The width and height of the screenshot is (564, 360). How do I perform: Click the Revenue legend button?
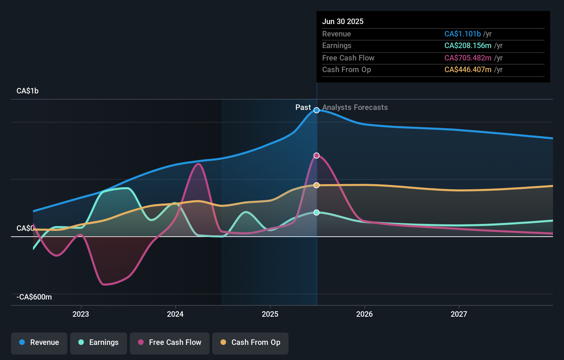click(39, 343)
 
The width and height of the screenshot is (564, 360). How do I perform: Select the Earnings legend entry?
click(99, 343)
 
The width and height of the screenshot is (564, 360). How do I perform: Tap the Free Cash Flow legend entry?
click(170, 343)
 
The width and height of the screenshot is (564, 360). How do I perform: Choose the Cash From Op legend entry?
click(250, 343)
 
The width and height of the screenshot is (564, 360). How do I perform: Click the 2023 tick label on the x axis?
click(81, 314)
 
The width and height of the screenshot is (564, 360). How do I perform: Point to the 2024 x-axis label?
click(175, 314)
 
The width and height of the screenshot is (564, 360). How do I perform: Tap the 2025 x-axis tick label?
click(270, 314)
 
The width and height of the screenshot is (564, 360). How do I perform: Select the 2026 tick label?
click(364, 314)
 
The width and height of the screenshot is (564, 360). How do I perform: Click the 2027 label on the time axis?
click(459, 314)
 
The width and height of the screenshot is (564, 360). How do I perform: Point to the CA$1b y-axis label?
click(27, 91)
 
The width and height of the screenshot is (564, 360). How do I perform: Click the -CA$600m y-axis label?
click(34, 297)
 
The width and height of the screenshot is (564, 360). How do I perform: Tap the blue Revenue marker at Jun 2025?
click(317, 110)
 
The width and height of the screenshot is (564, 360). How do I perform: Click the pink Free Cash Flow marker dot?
click(317, 156)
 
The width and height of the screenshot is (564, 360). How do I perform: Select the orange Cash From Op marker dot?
click(317, 185)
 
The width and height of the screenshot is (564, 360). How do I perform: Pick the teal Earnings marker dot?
click(317, 213)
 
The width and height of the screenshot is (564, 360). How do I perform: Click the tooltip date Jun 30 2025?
click(343, 22)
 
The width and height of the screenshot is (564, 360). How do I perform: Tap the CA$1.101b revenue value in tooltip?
click(462, 34)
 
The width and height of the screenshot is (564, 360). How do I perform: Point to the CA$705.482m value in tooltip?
click(468, 58)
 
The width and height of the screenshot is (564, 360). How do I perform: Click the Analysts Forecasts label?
click(355, 108)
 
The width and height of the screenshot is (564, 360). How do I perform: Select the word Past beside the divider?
click(303, 108)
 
